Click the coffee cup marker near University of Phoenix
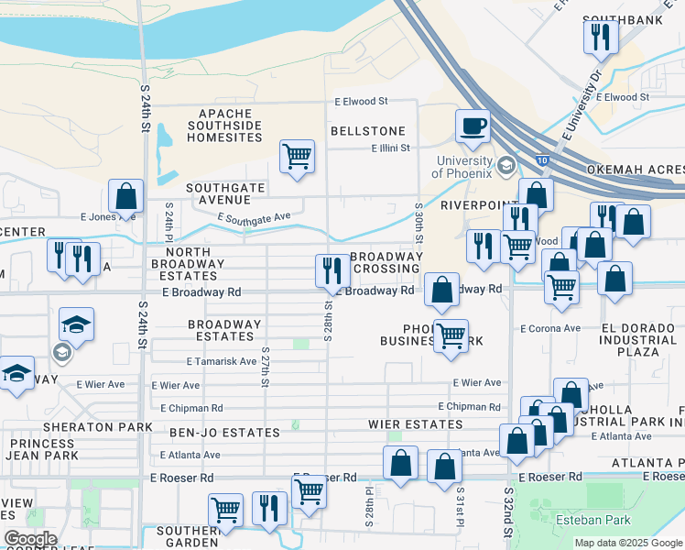click(473, 126)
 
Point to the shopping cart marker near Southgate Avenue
click(297, 157)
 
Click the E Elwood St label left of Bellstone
click(361, 101)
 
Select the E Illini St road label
click(391, 148)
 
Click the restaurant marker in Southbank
click(601, 37)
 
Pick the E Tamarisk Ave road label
click(221, 361)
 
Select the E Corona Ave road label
click(549, 328)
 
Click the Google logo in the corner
click(29, 539)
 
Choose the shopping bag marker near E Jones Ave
click(125, 195)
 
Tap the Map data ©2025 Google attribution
click(627, 543)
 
